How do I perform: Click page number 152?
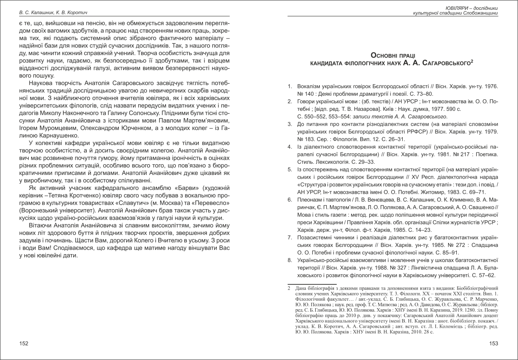pos(24,344)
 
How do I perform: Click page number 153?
pos(493,344)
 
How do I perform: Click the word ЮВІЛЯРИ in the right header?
pos(456,8)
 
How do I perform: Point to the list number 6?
pos(289,199)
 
